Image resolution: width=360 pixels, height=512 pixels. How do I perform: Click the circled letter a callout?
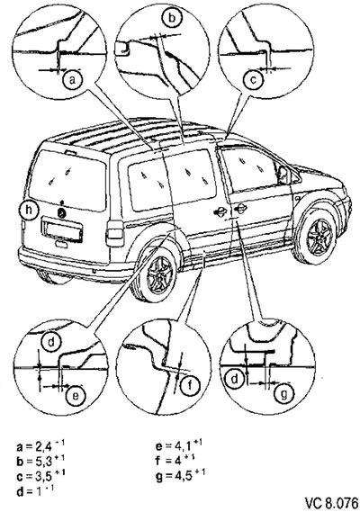point(73,80)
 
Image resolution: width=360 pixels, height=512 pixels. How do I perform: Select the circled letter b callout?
point(171,18)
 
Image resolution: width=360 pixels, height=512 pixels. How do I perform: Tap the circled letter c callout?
point(253,80)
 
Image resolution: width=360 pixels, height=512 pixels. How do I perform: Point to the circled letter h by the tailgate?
point(29,211)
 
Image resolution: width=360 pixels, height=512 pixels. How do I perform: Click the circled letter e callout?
point(75,395)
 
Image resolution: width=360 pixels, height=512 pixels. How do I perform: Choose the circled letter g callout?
point(283,394)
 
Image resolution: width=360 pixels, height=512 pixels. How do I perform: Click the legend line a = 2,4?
point(40,445)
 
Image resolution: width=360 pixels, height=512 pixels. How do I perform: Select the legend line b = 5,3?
point(40,460)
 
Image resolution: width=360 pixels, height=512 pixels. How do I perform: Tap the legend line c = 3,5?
point(40,475)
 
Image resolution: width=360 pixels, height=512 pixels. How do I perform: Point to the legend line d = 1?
point(35,490)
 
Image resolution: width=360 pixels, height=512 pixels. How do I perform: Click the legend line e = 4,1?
point(179,445)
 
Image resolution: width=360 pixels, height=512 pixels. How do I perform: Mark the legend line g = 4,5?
point(180,475)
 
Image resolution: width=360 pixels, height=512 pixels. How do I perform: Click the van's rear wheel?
point(157,275)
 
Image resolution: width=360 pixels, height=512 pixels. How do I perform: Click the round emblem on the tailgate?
point(62,213)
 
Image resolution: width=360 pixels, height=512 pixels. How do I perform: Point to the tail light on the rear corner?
point(115,234)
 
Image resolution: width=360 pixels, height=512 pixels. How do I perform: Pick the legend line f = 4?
point(175,460)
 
